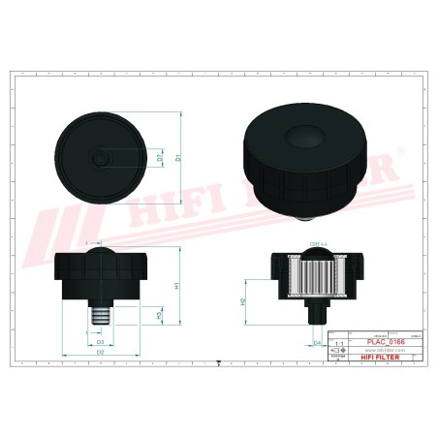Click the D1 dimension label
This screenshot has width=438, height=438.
[180, 153]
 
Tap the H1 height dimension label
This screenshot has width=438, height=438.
[179, 286]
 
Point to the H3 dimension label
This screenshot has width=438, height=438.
[159, 315]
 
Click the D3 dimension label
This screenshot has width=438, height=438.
[100, 342]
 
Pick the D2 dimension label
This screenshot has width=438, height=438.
[100, 353]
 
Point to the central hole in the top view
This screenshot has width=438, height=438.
[100, 155]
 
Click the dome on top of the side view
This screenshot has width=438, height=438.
[100, 253]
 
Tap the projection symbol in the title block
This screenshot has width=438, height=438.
[337, 351]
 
